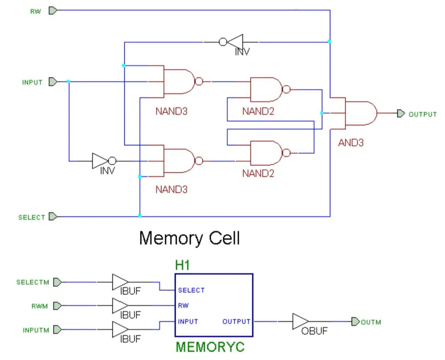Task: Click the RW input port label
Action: [x=36, y=11]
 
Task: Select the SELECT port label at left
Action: [x=32, y=217]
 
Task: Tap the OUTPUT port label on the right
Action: [x=422, y=114]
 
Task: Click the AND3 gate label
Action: [x=351, y=143]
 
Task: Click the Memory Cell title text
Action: [x=189, y=238]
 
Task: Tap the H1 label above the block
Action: [x=183, y=265]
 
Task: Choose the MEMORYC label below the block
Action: [x=210, y=347]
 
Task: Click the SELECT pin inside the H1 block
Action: [x=191, y=290]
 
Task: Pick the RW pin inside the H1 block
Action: [x=183, y=306]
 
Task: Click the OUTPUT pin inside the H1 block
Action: [x=236, y=321]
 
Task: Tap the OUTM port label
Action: [x=371, y=322]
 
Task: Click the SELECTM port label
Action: [x=33, y=282]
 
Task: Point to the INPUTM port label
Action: [x=36, y=330]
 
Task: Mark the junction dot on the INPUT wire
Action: [x=68, y=82]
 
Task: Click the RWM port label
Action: [x=40, y=306]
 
